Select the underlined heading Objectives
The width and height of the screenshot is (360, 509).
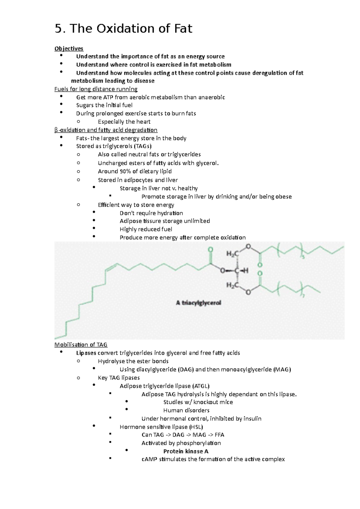coord(69,49)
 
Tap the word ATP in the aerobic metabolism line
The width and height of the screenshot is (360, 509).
coord(108,97)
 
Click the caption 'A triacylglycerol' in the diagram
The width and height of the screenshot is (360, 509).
coord(198,303)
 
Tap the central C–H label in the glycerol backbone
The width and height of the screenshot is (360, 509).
coord(241,271)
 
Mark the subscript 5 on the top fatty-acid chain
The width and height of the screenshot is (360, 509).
coord(303,257)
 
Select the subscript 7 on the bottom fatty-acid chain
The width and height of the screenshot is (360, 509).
coord(303,296)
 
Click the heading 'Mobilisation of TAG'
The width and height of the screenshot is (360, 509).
coord(81,345)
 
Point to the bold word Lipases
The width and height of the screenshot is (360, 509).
coord(86,353)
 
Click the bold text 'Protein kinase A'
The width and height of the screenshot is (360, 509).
coord(186,451)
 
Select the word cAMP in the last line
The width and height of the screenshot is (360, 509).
coord(149,459)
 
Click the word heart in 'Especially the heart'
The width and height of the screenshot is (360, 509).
coord(143,122)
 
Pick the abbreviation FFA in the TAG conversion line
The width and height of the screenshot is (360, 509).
coord(219,435)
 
